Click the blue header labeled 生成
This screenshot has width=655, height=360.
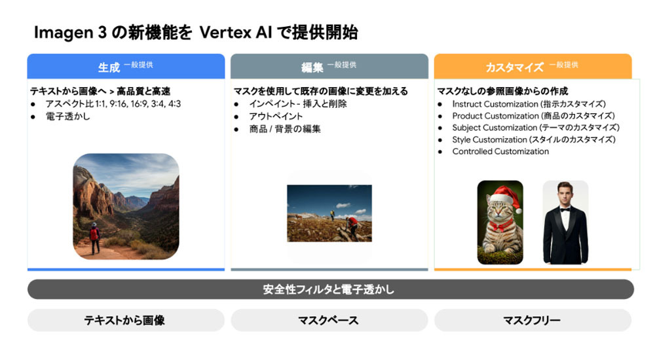pos(126,66)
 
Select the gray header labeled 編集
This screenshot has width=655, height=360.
pos(329,66)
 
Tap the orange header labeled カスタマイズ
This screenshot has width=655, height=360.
pos(533,66)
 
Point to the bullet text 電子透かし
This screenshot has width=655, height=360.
pos(67,117)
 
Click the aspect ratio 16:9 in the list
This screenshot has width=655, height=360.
pos(139,104)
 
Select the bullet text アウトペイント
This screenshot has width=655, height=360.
pos(276,117)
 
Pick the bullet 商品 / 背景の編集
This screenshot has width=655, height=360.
pos(285,129)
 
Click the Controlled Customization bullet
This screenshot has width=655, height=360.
pos(500,152)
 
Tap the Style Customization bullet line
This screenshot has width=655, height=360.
pos(534,139)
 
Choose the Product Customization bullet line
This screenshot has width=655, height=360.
pos(533,116)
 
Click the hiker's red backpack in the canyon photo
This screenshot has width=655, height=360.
pos(94,234)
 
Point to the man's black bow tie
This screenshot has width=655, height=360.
pos(565,210)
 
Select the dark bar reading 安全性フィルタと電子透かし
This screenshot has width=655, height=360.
pos(330,289)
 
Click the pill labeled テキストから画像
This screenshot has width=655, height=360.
pos(126,320)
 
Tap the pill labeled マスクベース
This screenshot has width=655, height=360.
pos(329,320)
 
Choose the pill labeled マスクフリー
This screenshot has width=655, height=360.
pos(533,320)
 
